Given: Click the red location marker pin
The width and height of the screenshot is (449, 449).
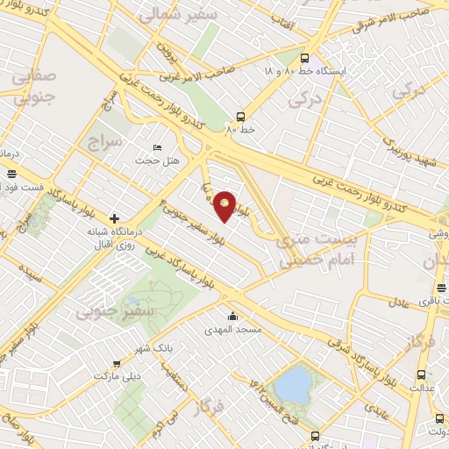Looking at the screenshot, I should point(225,206).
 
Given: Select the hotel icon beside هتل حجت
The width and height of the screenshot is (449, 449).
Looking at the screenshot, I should point(157,147).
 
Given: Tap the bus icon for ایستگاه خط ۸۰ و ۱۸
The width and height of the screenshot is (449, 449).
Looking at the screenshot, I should point(304,54).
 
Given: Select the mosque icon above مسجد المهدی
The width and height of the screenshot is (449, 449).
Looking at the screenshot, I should point(232,317).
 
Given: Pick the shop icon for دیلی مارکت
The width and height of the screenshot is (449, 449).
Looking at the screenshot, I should point(118,363).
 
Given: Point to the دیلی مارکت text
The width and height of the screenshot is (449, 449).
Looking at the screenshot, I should point(118,375).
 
